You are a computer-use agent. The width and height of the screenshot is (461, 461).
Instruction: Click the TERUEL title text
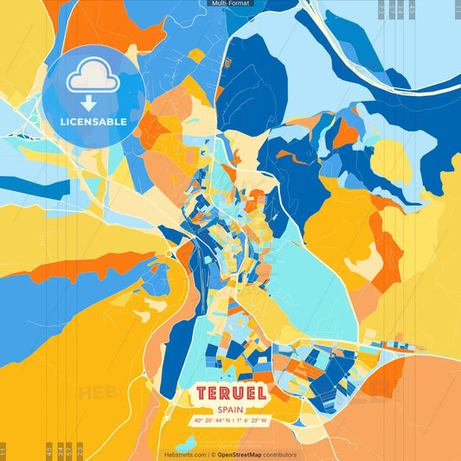[230, 394]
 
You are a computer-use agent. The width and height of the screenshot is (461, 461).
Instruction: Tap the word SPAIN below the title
[230, 410]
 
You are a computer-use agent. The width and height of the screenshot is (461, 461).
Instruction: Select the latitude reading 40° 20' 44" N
[214, 421]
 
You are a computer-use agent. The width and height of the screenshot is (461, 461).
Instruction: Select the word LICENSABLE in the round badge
[94, 122]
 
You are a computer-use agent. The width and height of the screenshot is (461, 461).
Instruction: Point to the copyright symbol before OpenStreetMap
[214, 454]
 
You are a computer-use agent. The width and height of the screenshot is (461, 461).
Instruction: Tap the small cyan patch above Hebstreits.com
[187, 441]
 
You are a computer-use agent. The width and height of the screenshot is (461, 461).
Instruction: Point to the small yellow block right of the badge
[196, 56]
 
